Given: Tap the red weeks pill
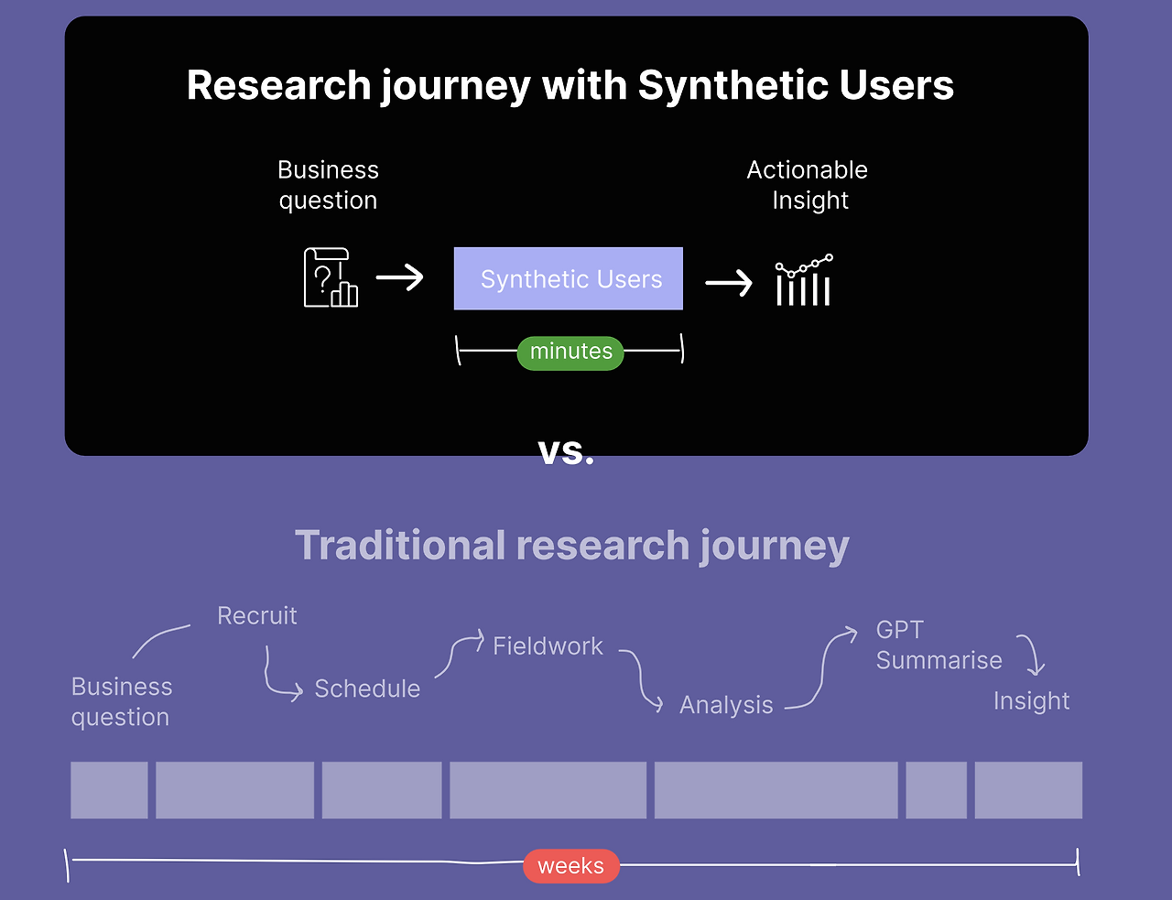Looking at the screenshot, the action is pos(571,866).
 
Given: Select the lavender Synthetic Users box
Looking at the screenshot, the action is pos(569,278).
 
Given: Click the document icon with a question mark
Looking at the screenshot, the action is pos(331,277).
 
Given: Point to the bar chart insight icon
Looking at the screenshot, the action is pos(804,279).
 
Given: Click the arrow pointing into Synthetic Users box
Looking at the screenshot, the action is pos(399,277).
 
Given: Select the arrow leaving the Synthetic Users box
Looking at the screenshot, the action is pos(729,283).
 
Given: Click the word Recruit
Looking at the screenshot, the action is pos(256,616).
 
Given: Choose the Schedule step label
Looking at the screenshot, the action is pos(367,689).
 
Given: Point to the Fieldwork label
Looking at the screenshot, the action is pos(548,646).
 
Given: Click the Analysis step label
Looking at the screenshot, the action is pos(726,705).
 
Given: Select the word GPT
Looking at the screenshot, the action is pos(900,630).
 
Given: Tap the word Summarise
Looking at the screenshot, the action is pos(939,660).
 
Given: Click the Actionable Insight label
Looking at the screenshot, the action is pos(808,185).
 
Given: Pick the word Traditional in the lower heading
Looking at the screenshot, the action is pos(399,545).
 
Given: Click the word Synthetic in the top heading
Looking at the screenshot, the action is pos(732,85).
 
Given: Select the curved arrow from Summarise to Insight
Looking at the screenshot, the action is pos(1033,654).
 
